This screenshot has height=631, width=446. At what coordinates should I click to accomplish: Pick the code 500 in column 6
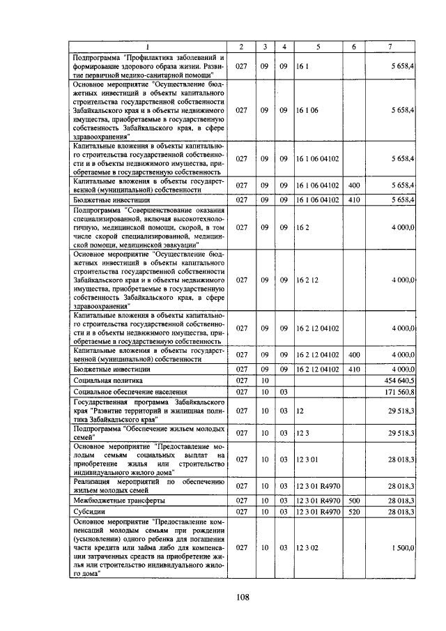point(354,500)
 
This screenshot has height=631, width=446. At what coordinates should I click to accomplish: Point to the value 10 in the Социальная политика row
point(265,381)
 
